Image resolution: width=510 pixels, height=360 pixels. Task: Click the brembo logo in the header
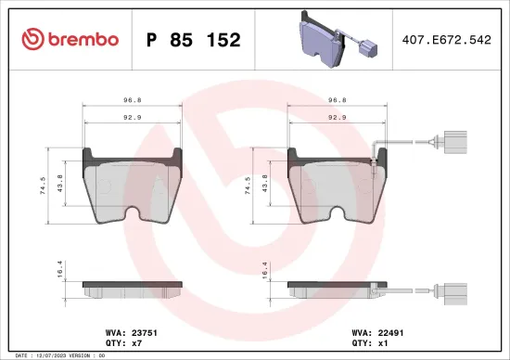[70, 39]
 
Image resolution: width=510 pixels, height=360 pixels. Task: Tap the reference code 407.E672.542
[447, 40]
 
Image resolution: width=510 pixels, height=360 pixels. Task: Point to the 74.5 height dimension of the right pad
[249, 186]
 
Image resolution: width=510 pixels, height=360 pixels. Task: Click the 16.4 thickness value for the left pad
[61, 269]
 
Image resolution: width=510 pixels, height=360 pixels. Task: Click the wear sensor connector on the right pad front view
[453, 144]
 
